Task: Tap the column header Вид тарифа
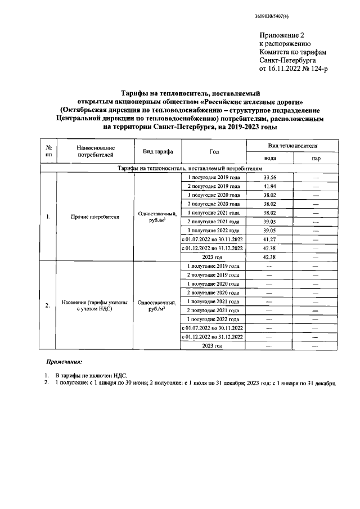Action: tap(157, 152)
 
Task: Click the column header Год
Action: tap(214, 152)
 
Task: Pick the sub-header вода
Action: tap(269, 159)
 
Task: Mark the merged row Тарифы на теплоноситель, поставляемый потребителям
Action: tap(190, 168)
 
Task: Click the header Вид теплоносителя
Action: tap(292, 145)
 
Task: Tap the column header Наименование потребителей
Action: tap(95, 149)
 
